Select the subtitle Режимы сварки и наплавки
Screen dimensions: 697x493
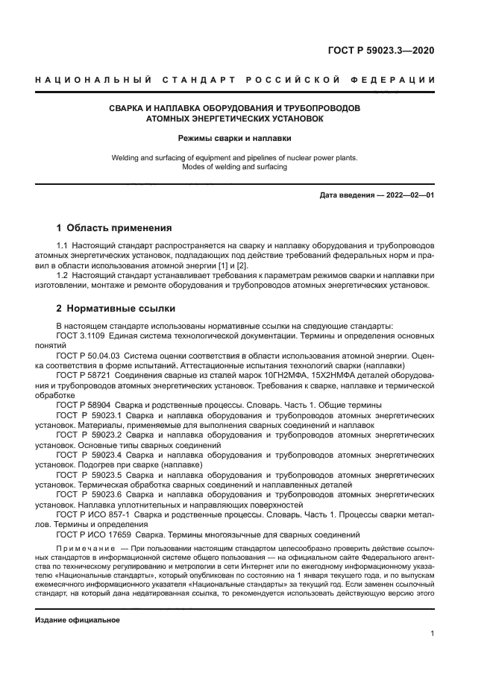coord(234,138)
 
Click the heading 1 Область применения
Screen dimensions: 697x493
coord(114,227)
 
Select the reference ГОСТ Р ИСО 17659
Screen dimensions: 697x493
coord(93,534)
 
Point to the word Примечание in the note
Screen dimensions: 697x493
coord(84,548)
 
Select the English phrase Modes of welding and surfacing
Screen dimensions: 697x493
coord(234,167)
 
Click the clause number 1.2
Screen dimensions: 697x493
coord(63,275)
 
